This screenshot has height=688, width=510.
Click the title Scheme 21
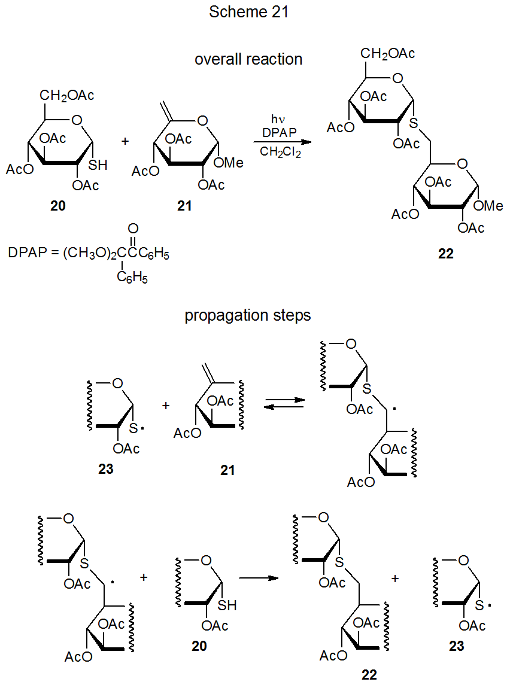(x=248, y=13)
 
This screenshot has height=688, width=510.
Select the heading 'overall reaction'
(x=248, y=59)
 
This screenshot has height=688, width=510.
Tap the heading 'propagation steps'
(x=248, y=315)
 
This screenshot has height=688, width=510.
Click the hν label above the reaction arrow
(x=277, y=119)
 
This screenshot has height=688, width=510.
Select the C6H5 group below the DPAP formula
(x=133, y=277)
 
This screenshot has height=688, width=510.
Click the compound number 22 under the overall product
(x=445, y=254)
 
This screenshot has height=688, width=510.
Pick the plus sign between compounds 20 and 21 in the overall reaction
(x=125, y=141)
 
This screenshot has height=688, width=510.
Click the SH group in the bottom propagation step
(x=227, y=605)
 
